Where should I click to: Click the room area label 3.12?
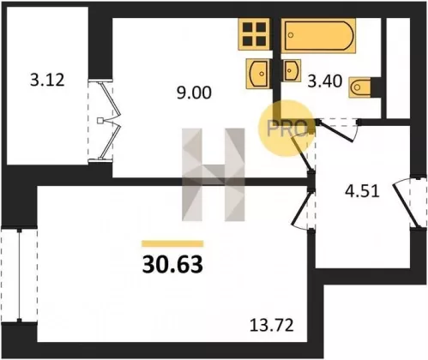tap(47, 80)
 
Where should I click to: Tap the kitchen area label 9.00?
tap(194, 93)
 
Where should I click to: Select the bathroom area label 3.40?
tap(324, 81)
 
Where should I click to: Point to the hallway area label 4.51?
tap(362, 191)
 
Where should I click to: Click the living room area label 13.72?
tap(272, 326)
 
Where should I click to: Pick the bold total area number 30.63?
tap(172, 265)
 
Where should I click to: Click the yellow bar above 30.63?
tap(172, 243)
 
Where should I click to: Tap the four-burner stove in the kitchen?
tap(255, 34)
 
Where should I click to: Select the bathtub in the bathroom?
tap(318, 35)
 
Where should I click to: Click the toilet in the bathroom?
tap(359, 87)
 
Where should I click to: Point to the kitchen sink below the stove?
tap(258, 73)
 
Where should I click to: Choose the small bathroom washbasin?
tap(292, 70)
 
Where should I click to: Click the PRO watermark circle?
tap(286, 129)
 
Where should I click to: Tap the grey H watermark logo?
tap(214, 175)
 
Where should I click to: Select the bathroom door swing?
tap(337, 130)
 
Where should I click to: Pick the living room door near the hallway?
tap(304, 209)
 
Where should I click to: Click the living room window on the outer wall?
tap(19, 274)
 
